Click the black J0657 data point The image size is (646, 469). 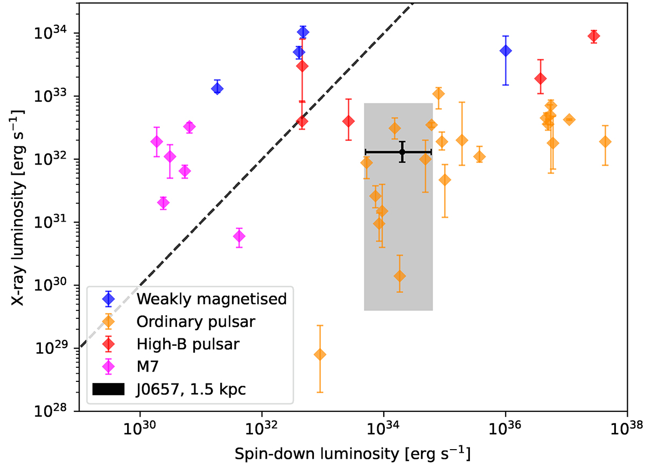point(402,152)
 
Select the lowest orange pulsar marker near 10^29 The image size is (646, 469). point(320,354)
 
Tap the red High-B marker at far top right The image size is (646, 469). point(594,36)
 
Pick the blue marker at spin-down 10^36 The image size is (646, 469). point(505,51)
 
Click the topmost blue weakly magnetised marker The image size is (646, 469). point(303,32)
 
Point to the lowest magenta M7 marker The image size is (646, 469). point(239,236)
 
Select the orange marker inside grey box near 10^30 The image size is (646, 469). point(399,276)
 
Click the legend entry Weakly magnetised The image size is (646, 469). point(211,299)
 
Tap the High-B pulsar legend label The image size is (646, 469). point(187,344)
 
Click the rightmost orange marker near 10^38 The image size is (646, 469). point(605,141)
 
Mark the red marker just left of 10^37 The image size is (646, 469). point(540,79)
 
